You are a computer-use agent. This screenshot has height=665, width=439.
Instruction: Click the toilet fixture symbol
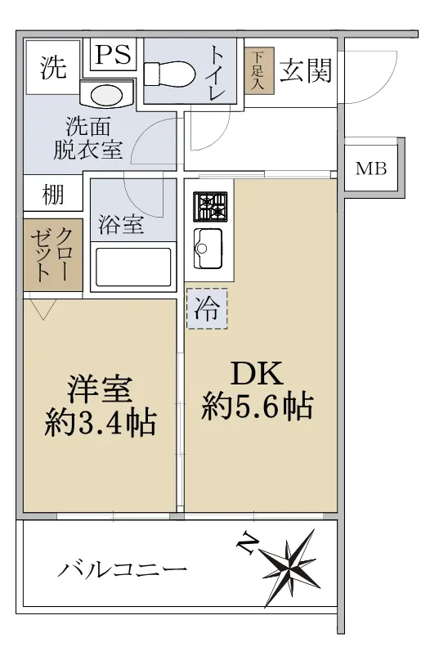pyautogui.click(x=169, y=75)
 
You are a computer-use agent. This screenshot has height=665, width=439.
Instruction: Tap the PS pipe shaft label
pyautogui.click(x=113, y=55)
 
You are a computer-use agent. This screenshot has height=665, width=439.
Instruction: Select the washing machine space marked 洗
pyautogui.click(x=53, y=67)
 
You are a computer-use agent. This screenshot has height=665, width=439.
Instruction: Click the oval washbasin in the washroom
pyautogui.click(x=107, y=95)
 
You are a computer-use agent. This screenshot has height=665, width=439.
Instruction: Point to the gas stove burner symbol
pyautogui.click(x=211, y=207)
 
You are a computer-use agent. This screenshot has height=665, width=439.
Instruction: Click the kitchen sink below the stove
pyautogui.click(x=208, y=249)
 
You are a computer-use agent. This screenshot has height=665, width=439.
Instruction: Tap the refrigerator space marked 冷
pyautogui.click(x=207, y=308)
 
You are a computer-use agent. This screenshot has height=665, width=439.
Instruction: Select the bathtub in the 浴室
pyautogui.click(x=133, y=267)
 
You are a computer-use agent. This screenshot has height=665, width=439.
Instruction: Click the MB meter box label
pyautogui.click(x=371, y=168)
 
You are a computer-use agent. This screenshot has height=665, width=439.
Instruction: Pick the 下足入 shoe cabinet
pyautogui.click(x=258, y=70)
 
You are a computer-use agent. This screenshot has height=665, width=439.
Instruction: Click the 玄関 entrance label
pyautogui.click(x=306, y=70)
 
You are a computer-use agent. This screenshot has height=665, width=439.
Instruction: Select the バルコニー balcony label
pyautogui.click(x=122, y=568)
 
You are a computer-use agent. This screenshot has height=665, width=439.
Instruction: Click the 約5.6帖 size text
pyautogui.click(x=258, y=407)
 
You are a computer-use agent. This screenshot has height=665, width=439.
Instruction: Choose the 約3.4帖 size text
pyautogui.click(x=101, y=422)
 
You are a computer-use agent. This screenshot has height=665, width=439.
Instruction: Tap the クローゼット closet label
pyautogui.click(x=52, y=255)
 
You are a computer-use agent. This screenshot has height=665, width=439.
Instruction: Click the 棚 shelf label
pyautogui.click(x=53, y=195)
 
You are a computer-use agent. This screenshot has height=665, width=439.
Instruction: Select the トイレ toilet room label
pyautogui.click(x=217, y=73)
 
